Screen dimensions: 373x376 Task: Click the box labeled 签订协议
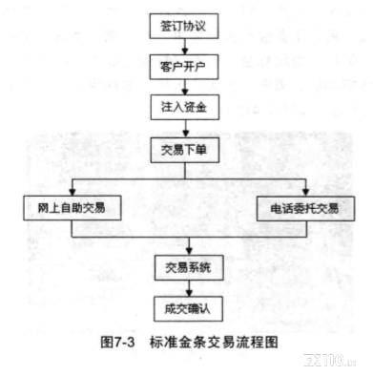pos(184,26)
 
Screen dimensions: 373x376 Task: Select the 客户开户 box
pos(184,67)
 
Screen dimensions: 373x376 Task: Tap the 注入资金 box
pos(185,107)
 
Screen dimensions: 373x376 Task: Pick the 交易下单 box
pos(185,150)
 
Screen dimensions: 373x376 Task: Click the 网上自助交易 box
pos(73,208)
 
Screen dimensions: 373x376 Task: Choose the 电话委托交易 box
pos(305,209)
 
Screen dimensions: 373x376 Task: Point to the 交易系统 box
pos(189,267)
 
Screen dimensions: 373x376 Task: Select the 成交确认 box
pos(188,309)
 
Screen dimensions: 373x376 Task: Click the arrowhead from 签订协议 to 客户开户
pos(185,51)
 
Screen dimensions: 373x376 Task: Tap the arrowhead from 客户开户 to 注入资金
pos(185,92)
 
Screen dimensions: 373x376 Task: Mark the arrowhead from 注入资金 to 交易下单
pos(186,134)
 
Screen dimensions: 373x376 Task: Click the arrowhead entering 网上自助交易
pos(73,192)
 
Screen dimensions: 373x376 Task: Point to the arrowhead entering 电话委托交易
pos(305,193)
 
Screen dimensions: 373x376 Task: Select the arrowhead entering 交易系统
pos(189,251)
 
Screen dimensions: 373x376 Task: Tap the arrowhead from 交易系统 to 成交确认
pos(189,293)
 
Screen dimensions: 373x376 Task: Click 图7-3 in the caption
pos(117,343)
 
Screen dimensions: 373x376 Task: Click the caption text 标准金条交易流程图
pos(214,343)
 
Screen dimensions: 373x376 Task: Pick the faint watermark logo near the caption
pos(330,361)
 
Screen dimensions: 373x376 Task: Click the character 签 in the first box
pos(166,26)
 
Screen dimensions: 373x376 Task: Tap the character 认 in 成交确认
pos(204,309)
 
